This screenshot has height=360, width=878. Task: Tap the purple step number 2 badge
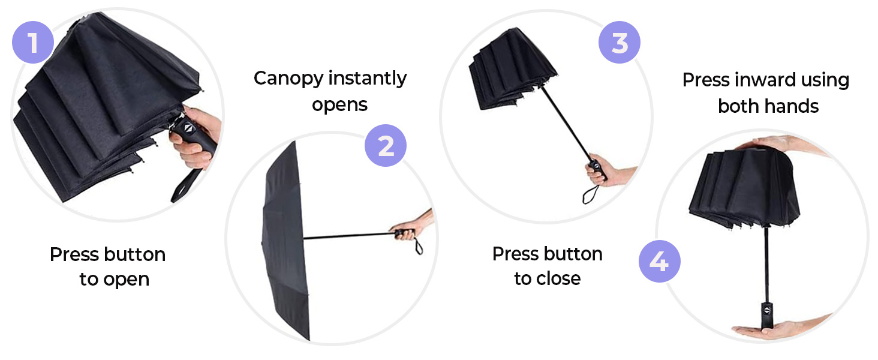pyautogui.click(x=386, y=146)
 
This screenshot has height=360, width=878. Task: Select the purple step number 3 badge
pyautogui.click(x=620, y=43)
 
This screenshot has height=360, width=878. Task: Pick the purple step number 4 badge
pyautogui.click(x=659, y=262)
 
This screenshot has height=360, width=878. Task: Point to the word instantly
pyautogui.click(x=369, y=79)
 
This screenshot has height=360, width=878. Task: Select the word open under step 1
pyautogui.click(x=127, y=279)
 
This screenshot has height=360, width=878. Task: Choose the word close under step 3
pyautogui.click(x=559, y=278)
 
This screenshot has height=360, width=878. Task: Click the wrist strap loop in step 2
pyautogui.click(x=418, y=245)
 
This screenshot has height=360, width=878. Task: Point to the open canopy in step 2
pyautogui.click(x=285, y=240)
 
